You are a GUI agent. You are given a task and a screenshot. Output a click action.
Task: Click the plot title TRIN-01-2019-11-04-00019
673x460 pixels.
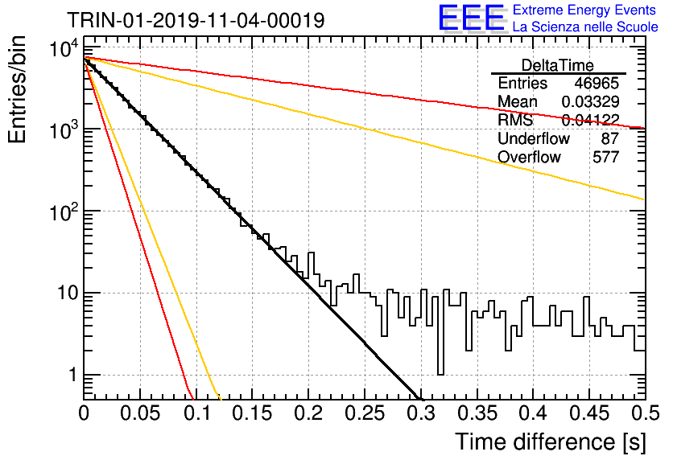(x=196, y=20)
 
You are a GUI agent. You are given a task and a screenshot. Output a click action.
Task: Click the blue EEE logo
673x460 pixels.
(x=471, y=18)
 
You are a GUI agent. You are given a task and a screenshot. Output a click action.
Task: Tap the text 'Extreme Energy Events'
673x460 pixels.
(x=584, y=10)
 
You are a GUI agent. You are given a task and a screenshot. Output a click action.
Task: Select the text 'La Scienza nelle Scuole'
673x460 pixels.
(x=585, y=27)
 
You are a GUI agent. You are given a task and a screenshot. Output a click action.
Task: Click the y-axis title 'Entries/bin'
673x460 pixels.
(x=17, y=89)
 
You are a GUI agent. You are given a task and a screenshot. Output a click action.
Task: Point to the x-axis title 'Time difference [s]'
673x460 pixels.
(x=551, y=442)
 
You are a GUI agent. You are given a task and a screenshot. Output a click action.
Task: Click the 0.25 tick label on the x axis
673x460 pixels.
(x=365, y=413)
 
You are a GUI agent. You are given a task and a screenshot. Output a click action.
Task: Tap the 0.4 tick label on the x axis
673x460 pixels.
(x=533, y=413)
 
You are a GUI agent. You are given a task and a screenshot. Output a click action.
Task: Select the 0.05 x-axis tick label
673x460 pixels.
(x=140, y=413)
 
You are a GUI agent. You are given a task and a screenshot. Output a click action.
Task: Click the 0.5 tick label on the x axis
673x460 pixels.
(x=645, y=413)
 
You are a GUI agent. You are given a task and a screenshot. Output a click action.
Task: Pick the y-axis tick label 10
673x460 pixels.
(x=68, y=294)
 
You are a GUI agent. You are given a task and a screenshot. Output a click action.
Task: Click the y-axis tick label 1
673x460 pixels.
(x=72, y=375)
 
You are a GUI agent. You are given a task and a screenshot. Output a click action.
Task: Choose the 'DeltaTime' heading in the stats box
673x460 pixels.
(x=558, y=65)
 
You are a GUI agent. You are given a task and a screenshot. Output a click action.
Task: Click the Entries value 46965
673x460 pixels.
(x=597, y=83)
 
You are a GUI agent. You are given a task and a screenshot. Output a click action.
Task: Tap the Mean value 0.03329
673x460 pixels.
(x=591, y=101)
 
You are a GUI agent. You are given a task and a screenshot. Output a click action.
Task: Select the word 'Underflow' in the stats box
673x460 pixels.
(x=534, y=138)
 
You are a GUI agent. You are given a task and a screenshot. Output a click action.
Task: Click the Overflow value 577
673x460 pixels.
(x=606, y=157)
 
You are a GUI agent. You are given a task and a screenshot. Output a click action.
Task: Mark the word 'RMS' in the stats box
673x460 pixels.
(x=515, y=120)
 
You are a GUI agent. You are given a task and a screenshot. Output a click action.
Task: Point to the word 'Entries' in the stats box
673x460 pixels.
(x=522, y=83)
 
